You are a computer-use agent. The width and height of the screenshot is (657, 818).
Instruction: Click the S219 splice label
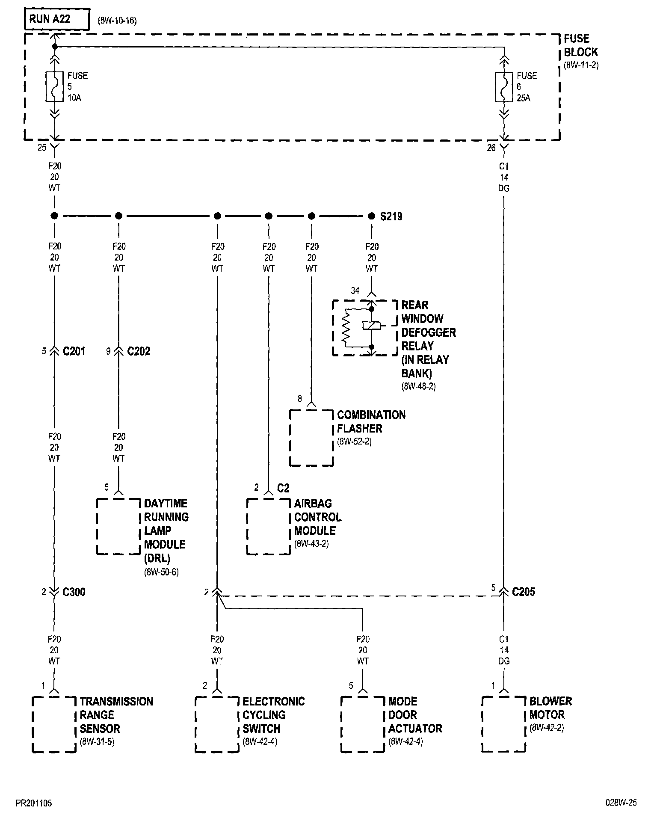click(391, 216)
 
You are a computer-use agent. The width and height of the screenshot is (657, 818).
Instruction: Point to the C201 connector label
click(74, 351)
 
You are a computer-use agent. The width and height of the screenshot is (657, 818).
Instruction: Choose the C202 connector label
click(139, 351)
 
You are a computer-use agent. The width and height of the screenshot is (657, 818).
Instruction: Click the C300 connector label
click(74, 592)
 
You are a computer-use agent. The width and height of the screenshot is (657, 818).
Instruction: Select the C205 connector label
click(524, 592)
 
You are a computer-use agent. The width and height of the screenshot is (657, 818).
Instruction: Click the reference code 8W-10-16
click(117, 21)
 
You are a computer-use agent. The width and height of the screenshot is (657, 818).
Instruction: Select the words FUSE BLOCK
click(580, 45)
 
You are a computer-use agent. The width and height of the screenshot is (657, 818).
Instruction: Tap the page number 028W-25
click(621, 803)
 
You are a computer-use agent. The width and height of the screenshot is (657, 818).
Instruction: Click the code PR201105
click(34, 803)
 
